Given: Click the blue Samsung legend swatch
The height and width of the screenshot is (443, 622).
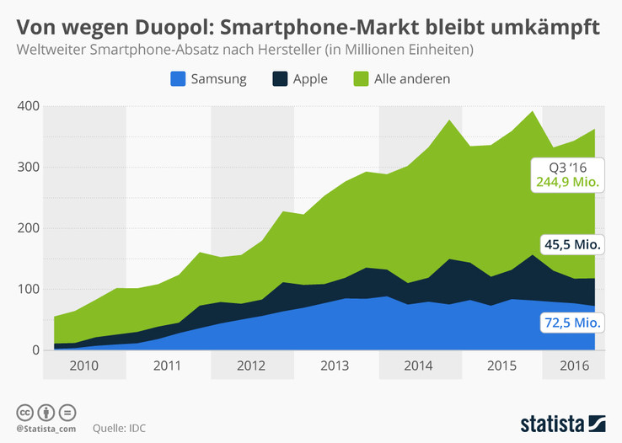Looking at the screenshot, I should coord(178,79).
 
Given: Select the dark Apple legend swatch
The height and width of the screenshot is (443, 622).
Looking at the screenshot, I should coord(279,79).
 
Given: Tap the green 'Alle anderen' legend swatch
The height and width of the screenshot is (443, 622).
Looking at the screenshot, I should coord(361,79).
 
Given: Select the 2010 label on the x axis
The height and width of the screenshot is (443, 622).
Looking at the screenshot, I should coord(83,366).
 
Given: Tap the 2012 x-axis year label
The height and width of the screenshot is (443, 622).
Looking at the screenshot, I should coord(252,366).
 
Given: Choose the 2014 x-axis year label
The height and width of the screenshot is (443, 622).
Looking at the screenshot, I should coord(420,366).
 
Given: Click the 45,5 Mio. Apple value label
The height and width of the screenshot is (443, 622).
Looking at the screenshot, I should coord(569,244).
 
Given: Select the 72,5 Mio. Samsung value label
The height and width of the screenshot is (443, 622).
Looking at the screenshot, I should coord(569,321).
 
